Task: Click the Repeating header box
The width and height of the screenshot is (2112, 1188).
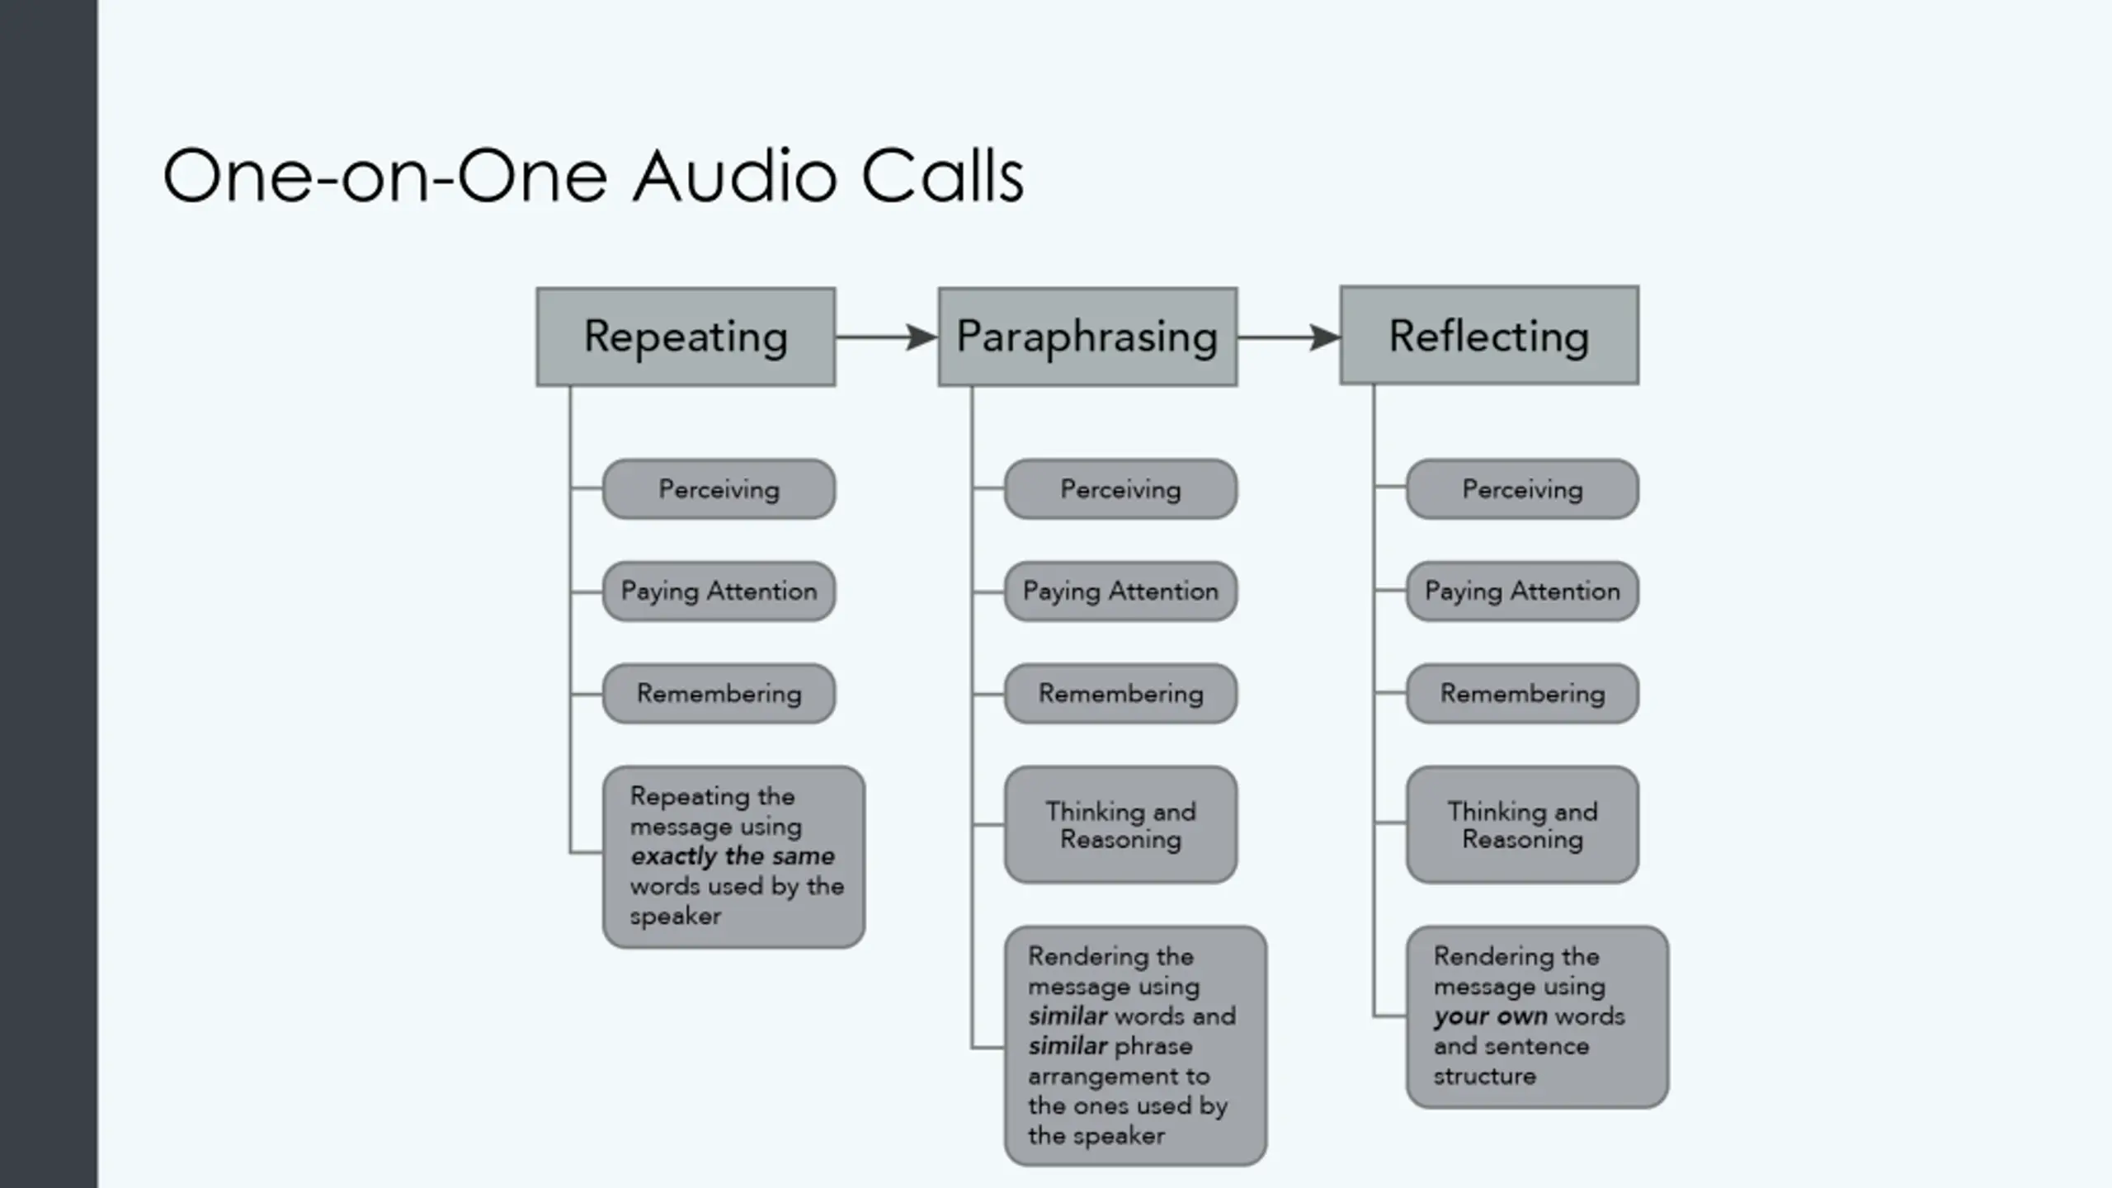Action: (686, 337)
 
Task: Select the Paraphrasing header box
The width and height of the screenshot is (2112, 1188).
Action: (1087, 337)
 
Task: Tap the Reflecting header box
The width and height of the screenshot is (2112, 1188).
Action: (1489, 336)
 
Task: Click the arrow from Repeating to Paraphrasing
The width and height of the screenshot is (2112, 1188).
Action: (887, 337)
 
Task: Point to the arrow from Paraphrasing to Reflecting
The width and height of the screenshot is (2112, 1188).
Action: (1289, 337)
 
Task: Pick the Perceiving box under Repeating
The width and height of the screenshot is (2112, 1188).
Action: (719, 489)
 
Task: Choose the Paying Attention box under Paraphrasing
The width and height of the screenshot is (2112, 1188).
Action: (1120, 592)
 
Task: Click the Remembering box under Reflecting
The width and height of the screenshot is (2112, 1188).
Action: (1522, 694)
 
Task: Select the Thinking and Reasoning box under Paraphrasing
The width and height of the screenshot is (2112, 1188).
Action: (1120, 825)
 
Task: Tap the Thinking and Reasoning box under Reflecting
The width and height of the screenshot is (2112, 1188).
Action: (1522, 825)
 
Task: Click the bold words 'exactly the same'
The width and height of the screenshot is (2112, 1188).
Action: (733, 856)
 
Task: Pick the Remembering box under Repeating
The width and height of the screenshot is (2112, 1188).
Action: (719, 694)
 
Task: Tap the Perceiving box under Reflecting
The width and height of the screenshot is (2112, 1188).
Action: (1522, 489)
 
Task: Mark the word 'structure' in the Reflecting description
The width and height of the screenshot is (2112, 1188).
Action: (1484, 1077)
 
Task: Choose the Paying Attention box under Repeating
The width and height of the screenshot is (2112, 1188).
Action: (719, 592)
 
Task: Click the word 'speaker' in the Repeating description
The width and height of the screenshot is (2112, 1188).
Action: (676, 917)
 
